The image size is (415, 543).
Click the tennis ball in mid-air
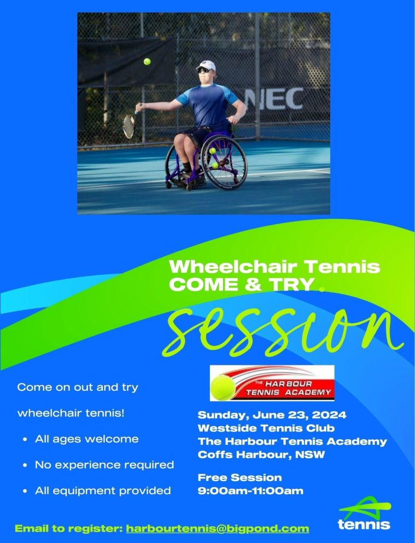coord(147,62)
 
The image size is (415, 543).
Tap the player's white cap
coord(206,65)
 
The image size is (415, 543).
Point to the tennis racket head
coord(129,127)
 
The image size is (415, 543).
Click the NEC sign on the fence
coord(275,99)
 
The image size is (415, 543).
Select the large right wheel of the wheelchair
coord(224,162)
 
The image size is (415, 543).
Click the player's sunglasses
coord(203,70)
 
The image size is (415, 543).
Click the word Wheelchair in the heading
coord(233,267)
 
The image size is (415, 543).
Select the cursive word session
coord(283,332)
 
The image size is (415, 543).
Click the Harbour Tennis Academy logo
coord(272,383)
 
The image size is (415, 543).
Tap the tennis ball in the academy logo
coord(222,388)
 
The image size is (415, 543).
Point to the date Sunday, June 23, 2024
coord(272,414)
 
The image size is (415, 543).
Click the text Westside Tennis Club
coord(266,428)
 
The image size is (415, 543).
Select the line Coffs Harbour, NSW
coord(261,454)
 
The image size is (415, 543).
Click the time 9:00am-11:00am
coord(251,491)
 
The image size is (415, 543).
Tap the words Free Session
coord(240,477)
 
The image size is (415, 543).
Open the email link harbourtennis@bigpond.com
coord(218,529)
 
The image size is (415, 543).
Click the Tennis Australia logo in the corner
coord(364,513)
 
